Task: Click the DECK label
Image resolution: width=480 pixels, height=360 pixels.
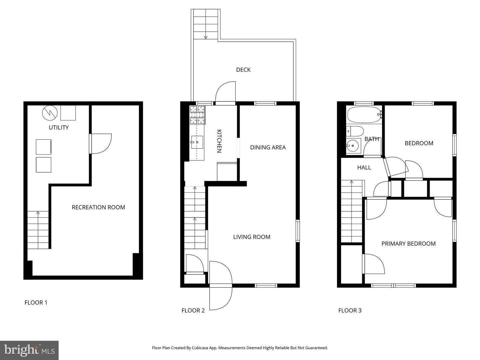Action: pos(243,70)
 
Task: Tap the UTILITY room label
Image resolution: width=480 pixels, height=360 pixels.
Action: pos(59,127)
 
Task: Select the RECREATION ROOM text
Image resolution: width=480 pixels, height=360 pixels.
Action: pos(98,207)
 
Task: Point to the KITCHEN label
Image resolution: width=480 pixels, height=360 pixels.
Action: pos(219,141)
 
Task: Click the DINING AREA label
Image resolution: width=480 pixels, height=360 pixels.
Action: pos(268,147)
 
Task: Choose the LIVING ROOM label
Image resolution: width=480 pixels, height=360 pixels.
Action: pos(252,237)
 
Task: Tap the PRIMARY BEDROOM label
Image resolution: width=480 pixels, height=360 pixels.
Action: pos(408,244)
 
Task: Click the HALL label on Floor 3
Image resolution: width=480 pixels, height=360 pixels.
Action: pos(364,167)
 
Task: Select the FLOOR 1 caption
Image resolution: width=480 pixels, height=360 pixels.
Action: pos(36,303)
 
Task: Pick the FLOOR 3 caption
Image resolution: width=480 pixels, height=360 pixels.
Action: pos(350,310)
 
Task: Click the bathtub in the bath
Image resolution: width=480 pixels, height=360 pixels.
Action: pos(365,115)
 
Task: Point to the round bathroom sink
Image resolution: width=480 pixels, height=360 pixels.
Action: pos(353,146)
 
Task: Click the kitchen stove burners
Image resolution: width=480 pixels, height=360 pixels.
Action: pos(197,115)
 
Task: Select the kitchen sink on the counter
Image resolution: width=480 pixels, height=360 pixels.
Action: pos(197,142)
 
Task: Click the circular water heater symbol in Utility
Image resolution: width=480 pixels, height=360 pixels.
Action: pos(50,113)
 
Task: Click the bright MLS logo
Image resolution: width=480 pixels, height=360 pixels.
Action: pos(29,350)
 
